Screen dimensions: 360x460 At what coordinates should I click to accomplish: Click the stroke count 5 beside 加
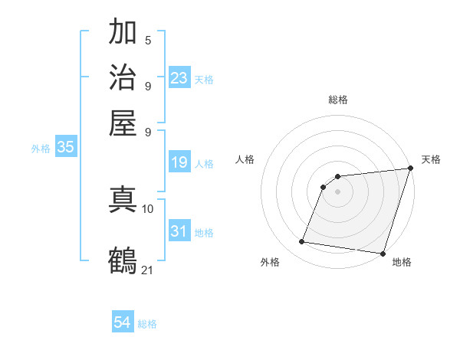click(148, 41)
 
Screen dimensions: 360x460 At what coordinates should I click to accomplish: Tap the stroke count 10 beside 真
click(148, 208)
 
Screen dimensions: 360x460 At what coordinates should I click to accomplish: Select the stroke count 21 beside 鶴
click(148, 269)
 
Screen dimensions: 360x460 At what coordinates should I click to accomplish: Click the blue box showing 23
click(179, 78)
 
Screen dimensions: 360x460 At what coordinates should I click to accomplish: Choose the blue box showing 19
click(179, 162)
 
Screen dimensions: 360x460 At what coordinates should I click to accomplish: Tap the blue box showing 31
click(179, 231)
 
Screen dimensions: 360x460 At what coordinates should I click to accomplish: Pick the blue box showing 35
click(65, 148)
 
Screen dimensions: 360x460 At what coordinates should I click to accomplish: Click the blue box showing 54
click(123, 323)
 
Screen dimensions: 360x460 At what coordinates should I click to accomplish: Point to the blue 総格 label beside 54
click(147, 324)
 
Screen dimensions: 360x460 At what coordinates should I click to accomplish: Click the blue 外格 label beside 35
click(40, 149)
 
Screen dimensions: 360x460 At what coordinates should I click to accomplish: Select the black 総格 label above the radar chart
click(338, 100)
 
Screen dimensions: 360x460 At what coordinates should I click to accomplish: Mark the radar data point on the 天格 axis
click(409, 169)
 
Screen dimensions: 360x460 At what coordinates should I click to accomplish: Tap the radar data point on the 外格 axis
click(302, 242)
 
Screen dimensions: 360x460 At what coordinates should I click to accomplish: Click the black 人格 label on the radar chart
click(245, 159)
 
